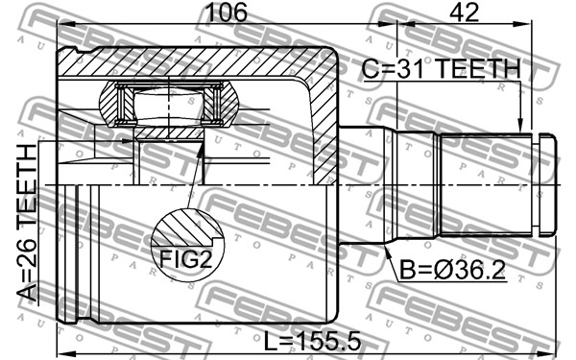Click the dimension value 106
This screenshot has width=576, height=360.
coord(227,12)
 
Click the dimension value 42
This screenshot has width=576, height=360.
coord(465,12)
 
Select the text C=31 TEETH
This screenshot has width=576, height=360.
coord(442,69)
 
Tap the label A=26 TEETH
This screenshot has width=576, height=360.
coord(28,223)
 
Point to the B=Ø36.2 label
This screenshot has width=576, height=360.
coord(452,270)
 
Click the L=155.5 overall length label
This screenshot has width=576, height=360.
coord(313,342)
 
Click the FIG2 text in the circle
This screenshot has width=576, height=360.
coord(186,258)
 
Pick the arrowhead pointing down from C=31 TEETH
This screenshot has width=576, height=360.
coord(519,125)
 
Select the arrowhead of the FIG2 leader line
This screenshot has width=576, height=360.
coord(200,150)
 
